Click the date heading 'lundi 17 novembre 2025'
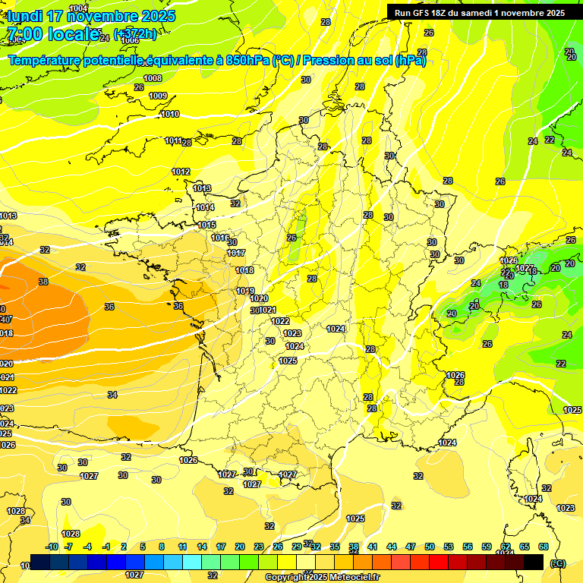[91, 16]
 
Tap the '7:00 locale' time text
[52, 33]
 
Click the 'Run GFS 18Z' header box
[480, 12]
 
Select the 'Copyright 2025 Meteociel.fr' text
[322, 577]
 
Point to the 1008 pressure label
[153, 78]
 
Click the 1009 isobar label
[158, 96]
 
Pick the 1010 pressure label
[170, 114]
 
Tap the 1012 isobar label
[181, 172]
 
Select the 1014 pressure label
[205, 207]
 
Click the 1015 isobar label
[207, 225]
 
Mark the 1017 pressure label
[236, 253]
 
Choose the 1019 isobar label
[245, 291]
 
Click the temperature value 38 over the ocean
[43, 282]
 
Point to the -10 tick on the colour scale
[52, 547]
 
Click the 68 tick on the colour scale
[544, 547]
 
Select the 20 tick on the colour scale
[240, 547]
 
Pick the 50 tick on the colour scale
[430, 547]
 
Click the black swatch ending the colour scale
[534, 561]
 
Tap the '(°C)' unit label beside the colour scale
[558, 563]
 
